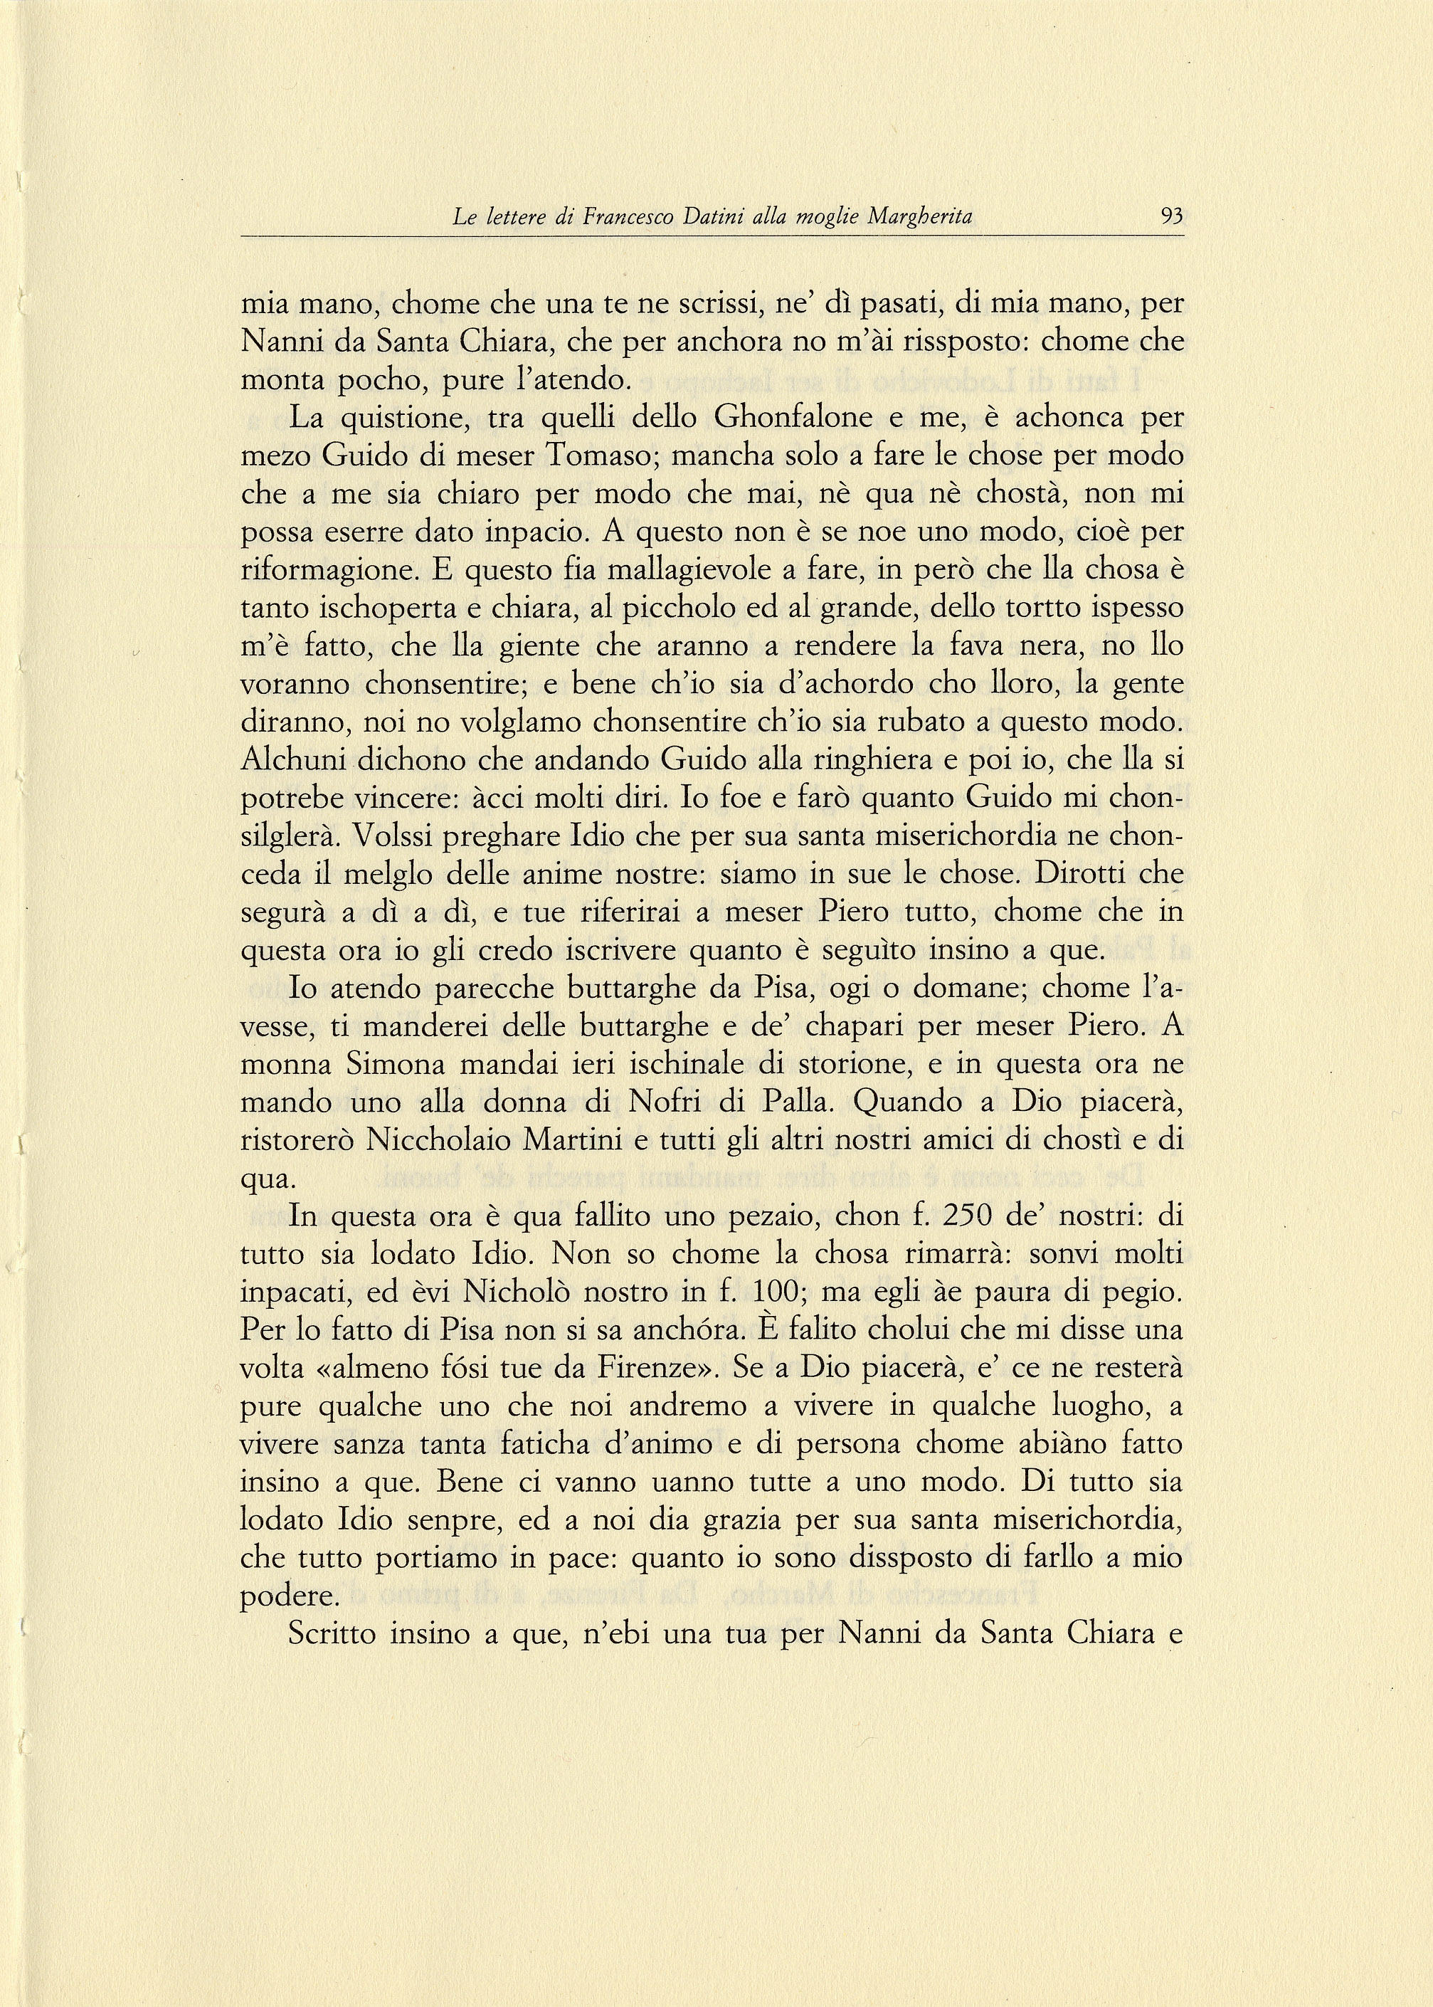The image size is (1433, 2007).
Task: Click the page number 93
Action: point(1172,216)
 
